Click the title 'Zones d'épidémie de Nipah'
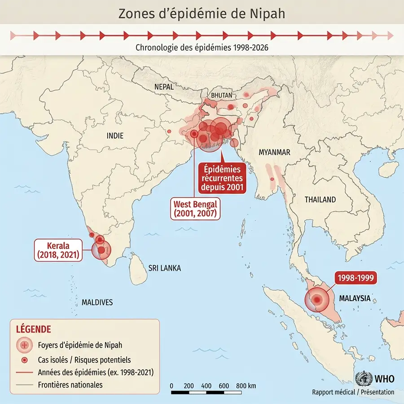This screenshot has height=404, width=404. [x=202, y=13]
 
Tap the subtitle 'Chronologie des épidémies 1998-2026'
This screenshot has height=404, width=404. [x=202, y=47]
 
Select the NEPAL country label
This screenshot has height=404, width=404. [x=164, y=87]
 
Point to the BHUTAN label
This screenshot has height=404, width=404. [x=222, y=95]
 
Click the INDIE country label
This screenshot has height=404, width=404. [x=115, y=136]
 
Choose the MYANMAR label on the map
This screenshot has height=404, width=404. [x=274, y=152]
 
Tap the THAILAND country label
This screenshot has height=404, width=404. [x=320, y=199]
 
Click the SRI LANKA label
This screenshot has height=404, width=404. [x=165, y=268]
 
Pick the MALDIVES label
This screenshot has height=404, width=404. [x=97, y=302]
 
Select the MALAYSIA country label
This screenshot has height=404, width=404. [x=355, y=298]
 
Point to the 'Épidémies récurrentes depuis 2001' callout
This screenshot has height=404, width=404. [x=222, y=178]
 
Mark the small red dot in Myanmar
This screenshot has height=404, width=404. [x=272, y=180]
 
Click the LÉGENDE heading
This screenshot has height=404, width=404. [x=34, y=329]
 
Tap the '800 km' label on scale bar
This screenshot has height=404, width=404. [x=246, y=386]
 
